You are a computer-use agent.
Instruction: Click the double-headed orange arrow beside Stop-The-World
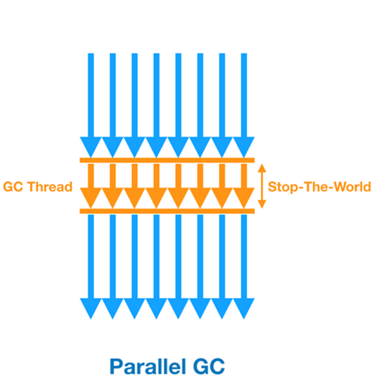[x=262, y=186]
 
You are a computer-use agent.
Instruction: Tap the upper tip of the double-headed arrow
[x=262, y=166]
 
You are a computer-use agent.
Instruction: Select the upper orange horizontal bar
[x=167, y=160]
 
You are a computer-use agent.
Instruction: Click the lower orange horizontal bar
[x=167, y=211]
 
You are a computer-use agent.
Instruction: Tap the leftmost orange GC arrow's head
[x=91, y=196]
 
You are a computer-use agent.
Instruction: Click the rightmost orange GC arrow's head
[x=244, y=196]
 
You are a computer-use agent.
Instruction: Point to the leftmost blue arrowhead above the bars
[x=91, y=146]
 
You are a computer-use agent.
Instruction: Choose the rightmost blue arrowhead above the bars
[x=244, y=146]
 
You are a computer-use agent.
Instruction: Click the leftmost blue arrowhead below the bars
[x=91, y=307]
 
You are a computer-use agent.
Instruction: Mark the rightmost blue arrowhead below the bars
[x=244, y=307]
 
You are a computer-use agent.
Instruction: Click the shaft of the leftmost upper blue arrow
[x=91, y=93]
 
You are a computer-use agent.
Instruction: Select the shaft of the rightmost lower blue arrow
[x=244, y=256]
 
